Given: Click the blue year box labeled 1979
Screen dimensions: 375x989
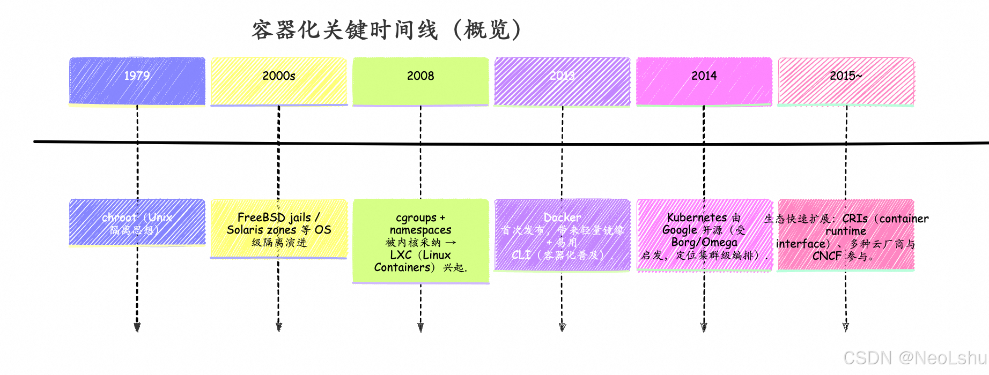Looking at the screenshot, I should [137, 81].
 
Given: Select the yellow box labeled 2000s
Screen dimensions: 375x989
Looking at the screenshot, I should [278, 81].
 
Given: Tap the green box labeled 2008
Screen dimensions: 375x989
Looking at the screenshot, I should [420, 81].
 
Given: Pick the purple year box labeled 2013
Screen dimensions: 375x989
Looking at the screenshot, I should [562, 81].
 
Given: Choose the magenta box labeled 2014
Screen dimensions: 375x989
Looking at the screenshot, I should [704, 81].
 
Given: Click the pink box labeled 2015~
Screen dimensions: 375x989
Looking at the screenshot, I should [846, 81].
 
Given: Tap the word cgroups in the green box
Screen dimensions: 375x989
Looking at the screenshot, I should [416, 218].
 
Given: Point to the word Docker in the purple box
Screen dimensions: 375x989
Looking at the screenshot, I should [562, 217].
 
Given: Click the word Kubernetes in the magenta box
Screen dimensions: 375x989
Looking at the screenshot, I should [697, 217].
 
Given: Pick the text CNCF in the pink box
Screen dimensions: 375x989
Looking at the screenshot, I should [826, 256].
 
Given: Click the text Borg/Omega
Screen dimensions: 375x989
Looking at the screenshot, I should [704, 243].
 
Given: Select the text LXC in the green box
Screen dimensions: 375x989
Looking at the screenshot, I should [401, 255].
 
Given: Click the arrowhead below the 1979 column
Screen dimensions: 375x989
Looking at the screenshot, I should [137, 327].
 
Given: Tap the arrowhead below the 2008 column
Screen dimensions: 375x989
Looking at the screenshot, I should [420, 327].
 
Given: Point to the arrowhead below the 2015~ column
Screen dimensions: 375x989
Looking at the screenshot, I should [846, 327].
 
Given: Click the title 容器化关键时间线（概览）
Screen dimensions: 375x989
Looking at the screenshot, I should [386, 30].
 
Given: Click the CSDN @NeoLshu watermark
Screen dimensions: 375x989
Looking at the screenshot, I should [914, 358].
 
